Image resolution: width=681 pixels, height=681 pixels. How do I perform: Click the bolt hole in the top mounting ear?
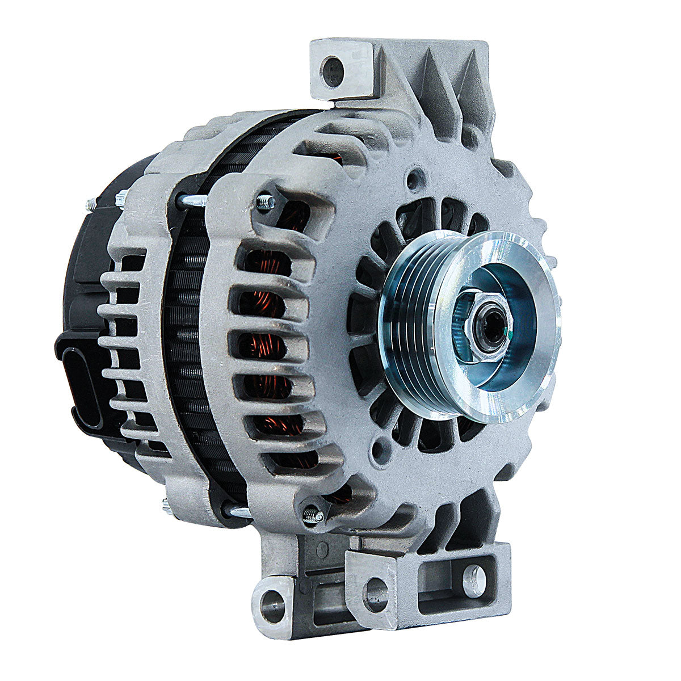pyautogui.click(x=331, y=72)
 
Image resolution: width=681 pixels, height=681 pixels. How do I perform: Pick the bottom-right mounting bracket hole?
pyautogui.click(x=474, y=578)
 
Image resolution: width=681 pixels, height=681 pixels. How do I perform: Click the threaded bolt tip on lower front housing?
pyautogui.click(x=314, y=515)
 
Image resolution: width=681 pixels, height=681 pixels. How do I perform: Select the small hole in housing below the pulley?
pyautogui.click(x=379, y=453)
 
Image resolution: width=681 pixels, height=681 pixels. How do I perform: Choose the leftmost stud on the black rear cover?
pyautogui.click(x=91, y=203)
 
